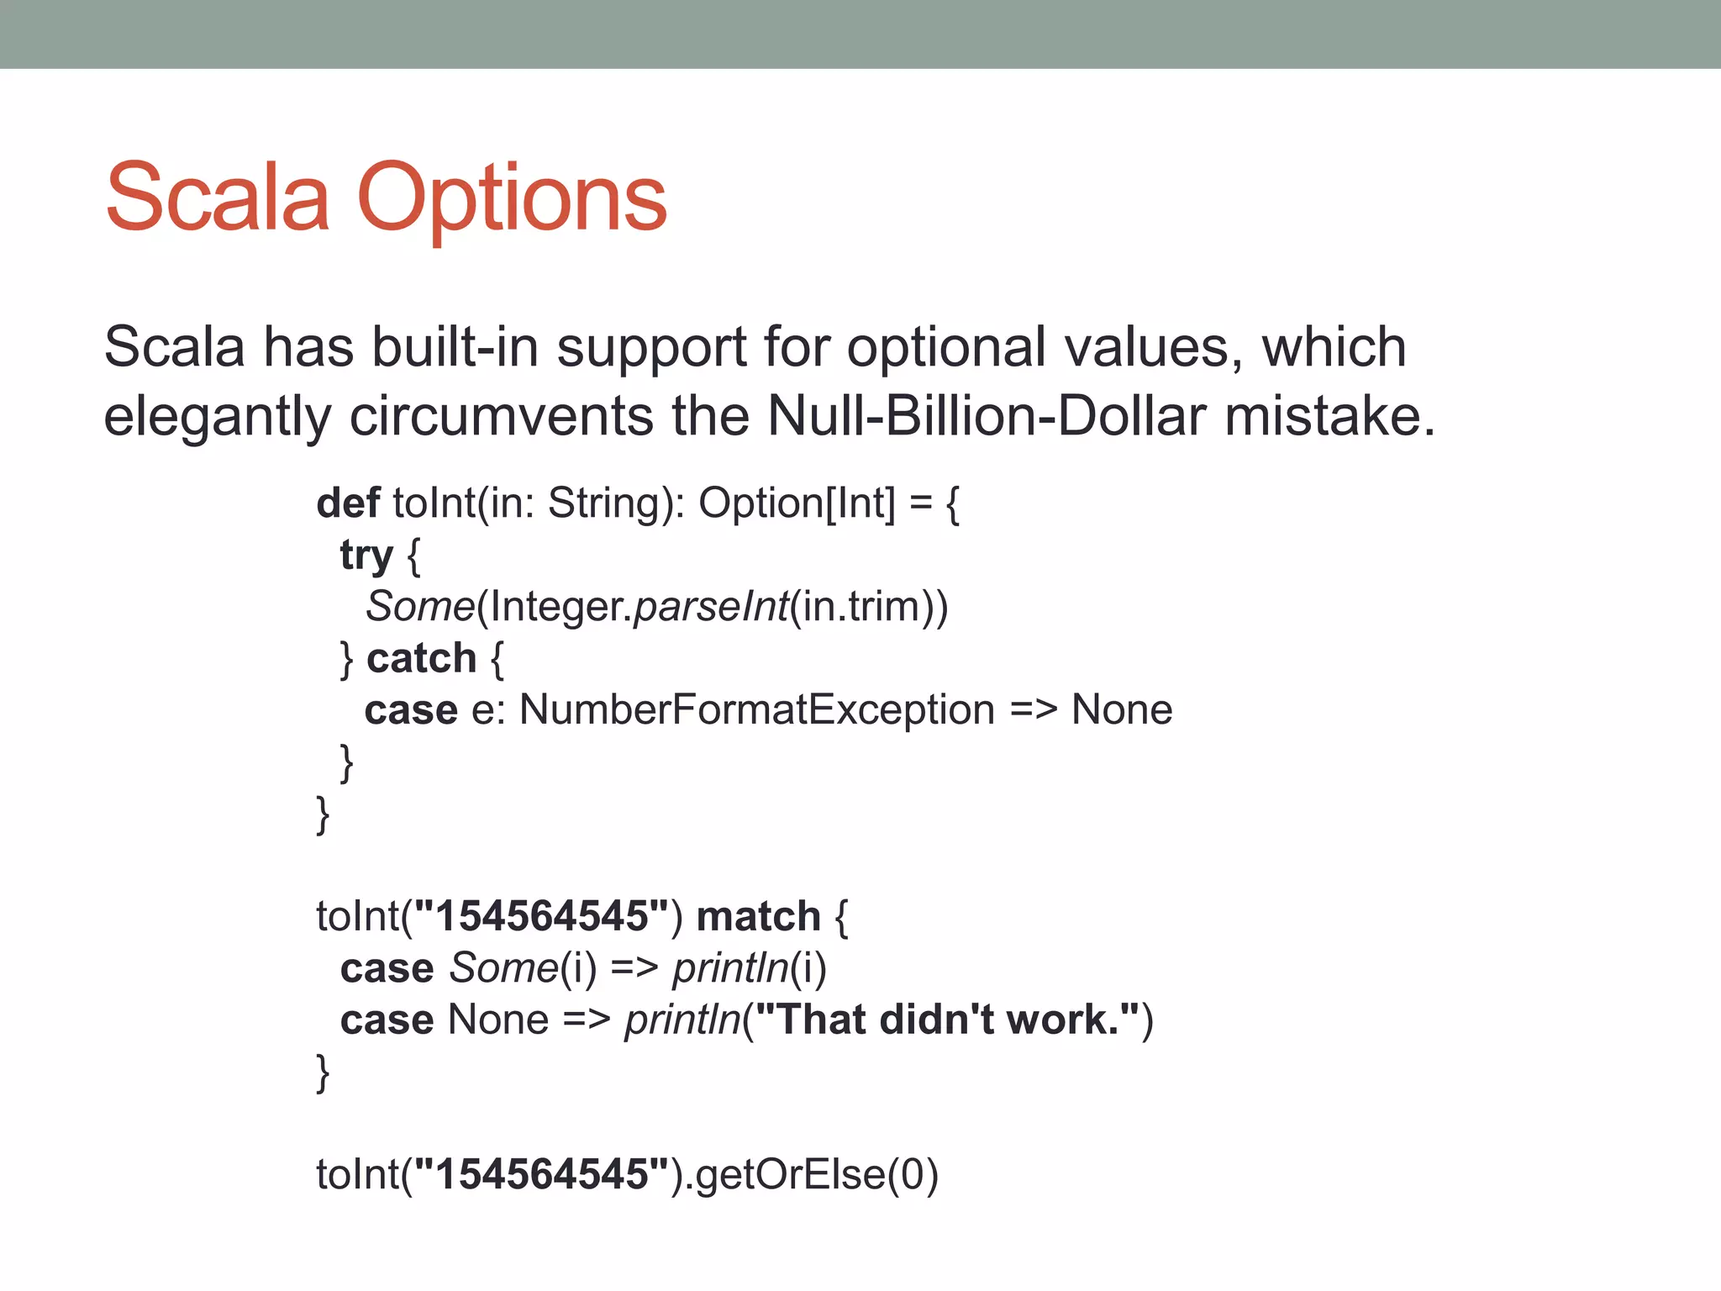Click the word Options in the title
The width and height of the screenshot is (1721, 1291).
[512, 199]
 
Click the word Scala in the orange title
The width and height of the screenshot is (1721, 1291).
[217, 199]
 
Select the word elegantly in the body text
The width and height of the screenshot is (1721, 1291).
[217, 417]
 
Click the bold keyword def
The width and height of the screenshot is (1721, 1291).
[348, 503]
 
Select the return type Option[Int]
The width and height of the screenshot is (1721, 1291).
[797, 503]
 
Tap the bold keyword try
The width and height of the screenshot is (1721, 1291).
[366, 556]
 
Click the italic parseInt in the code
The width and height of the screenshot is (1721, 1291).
[711, 606]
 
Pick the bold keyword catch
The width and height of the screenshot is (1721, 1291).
[421, 658]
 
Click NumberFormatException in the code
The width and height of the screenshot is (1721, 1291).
[756, 709]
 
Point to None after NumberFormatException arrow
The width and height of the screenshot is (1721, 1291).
[1121, 709]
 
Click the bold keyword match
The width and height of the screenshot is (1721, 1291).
[758, 916]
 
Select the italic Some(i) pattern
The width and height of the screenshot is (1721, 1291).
[522, 968]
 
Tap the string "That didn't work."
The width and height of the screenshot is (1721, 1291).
[948, 1020]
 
